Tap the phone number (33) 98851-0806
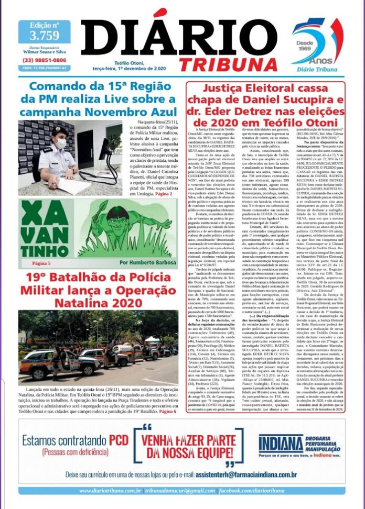click(44, 60)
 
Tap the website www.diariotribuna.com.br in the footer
click(111, 491)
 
